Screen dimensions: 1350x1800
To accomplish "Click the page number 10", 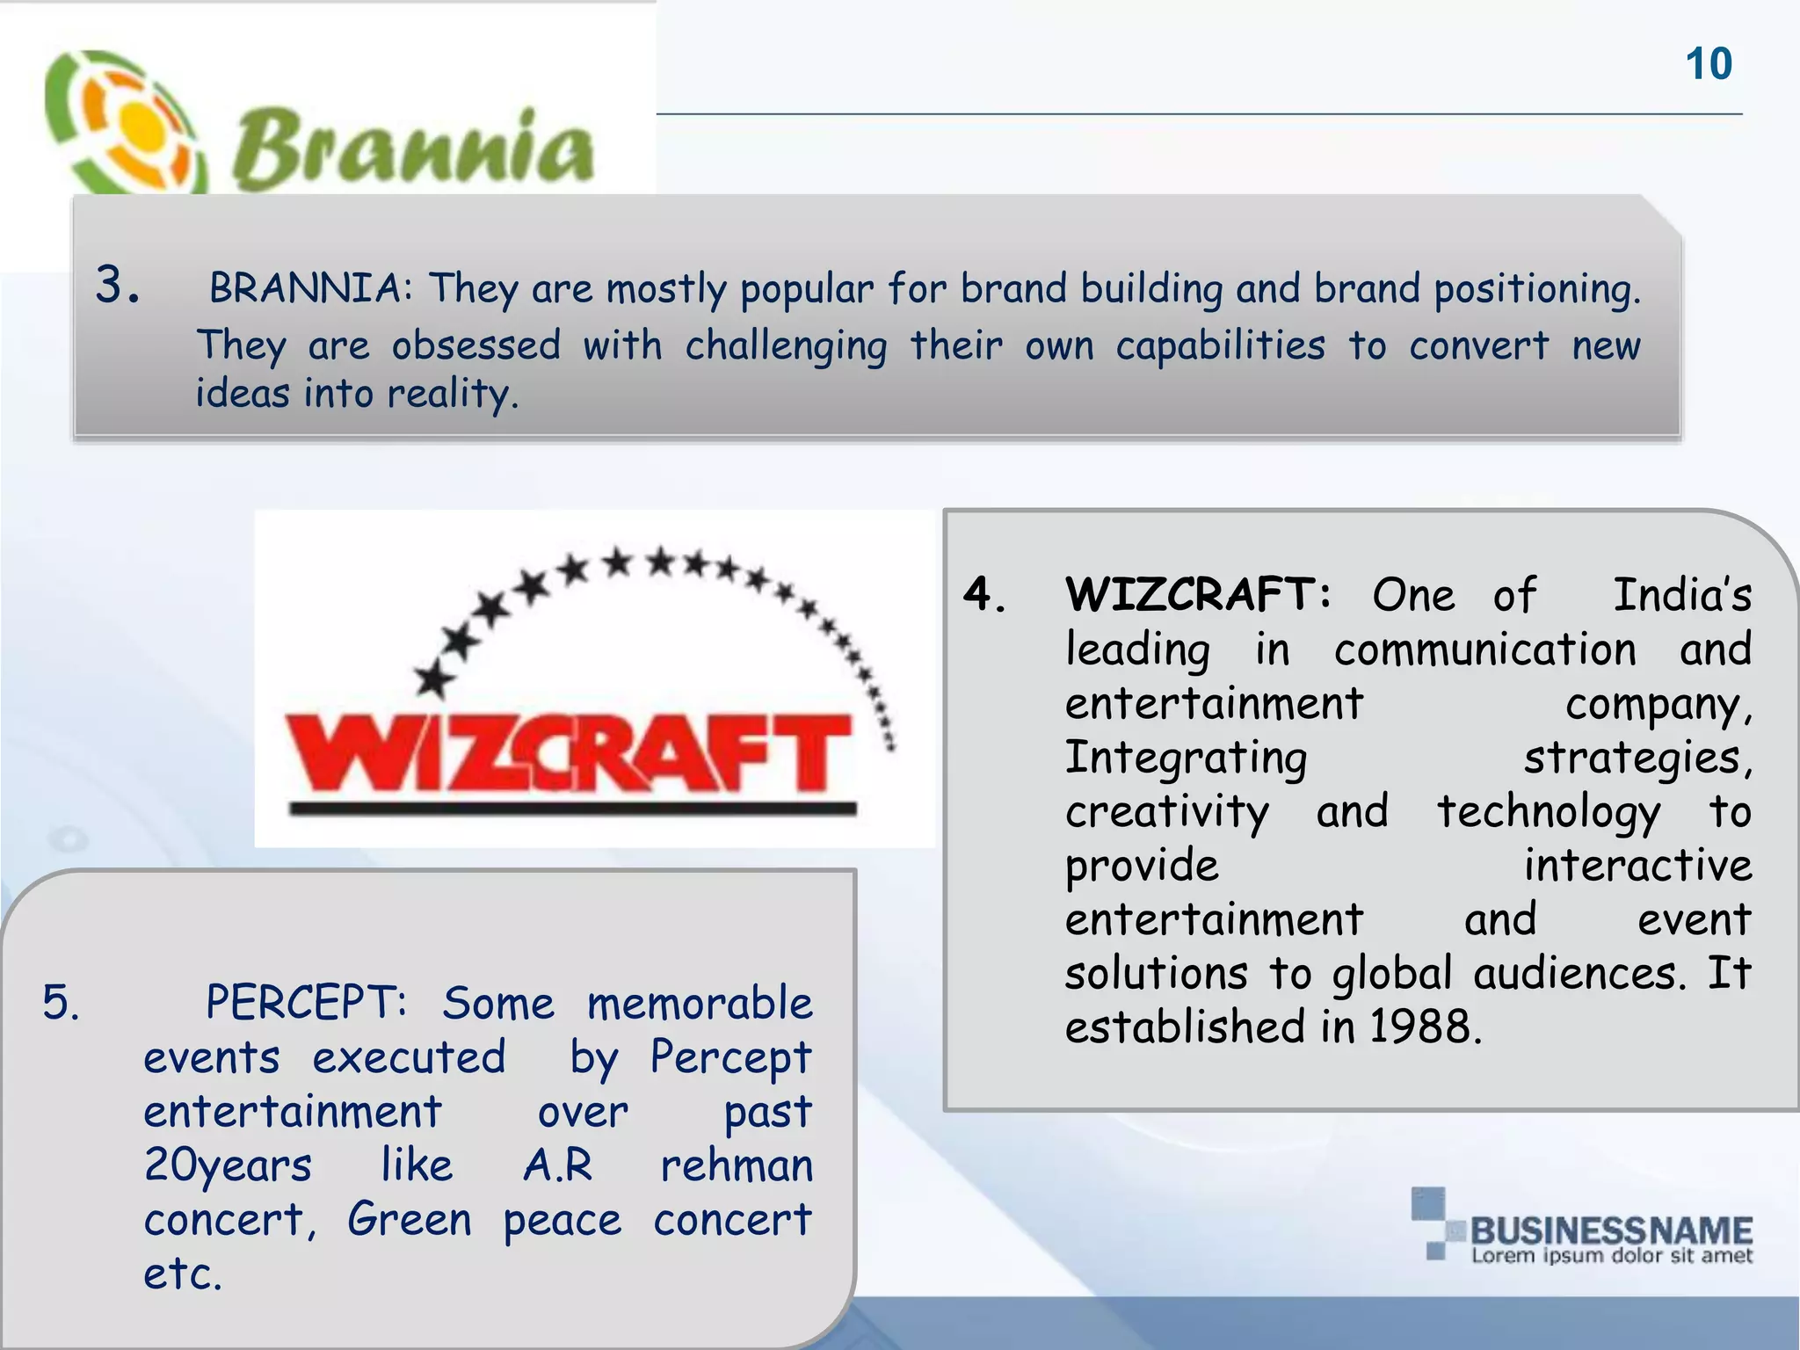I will tap(1709, 64).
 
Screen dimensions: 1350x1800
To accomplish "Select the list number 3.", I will tap(118, 286).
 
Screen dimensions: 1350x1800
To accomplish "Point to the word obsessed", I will tap(475, 345).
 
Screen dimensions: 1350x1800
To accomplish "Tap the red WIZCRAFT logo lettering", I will tap(567, 752).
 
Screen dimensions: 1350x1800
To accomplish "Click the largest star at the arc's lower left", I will tap(434, 679).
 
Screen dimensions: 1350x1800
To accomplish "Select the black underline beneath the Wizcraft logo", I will tap(572, 809).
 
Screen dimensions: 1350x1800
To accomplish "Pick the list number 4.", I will tap(984, 595).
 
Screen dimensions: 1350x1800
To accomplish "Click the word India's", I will tap(1681, 595).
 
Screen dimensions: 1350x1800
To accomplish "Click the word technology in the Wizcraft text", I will tap(1549, 812).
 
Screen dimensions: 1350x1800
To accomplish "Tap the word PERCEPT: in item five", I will tap(306, 1002).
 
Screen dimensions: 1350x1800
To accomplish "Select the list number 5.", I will tap(62, 1002).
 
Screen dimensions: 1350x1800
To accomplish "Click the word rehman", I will tap(737, 1165).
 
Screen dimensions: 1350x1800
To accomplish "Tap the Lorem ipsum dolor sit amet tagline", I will tap(1611, 1256).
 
